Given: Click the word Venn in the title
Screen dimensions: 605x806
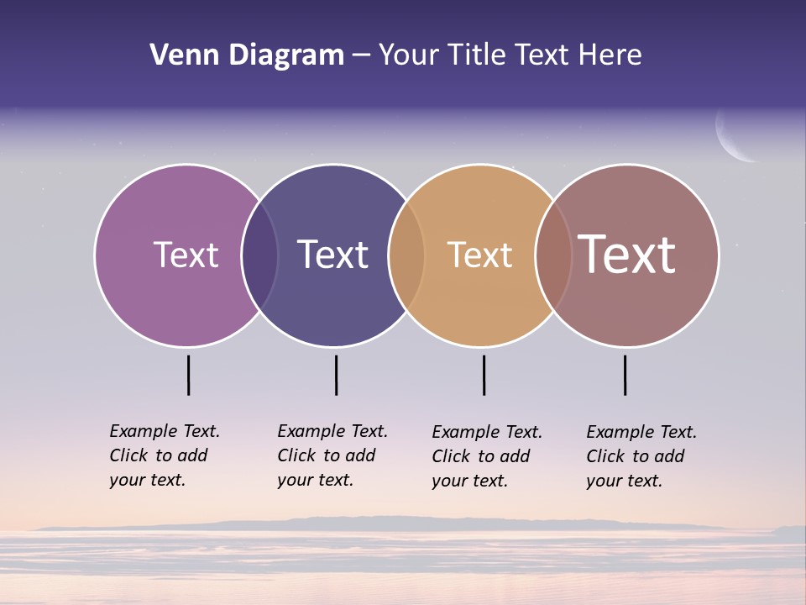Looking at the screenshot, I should (x=181, y=55).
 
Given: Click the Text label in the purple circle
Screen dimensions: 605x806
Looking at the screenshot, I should (x=186, y=255).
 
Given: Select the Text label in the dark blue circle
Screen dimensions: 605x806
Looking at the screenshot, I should (x=333, y=255).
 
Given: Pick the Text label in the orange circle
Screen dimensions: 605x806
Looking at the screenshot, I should (x=479, y=255).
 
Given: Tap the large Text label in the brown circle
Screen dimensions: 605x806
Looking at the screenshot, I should (x=627, y=255).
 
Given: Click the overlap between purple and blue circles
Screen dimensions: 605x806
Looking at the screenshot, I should (x=259, y=255).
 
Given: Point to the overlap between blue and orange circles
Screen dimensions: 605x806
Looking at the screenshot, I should (x=406, y=255).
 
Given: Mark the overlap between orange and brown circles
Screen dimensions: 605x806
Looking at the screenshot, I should (x=553, y=255).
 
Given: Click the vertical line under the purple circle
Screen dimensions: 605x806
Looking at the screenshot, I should (x=189, y=375).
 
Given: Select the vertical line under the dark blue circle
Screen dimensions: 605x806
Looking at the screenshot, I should (x=336, y=375).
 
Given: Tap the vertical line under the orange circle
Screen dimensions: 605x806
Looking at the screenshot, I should (x=484, y=375).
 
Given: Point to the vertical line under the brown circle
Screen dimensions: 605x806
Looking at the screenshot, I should (x=625, y=375).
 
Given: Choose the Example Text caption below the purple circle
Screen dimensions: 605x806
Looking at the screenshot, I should (x=164, y=455).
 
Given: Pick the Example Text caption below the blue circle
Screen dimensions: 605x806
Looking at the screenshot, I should (x=332, y=455).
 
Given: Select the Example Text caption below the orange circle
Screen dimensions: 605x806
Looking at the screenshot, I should (x=486, y=456).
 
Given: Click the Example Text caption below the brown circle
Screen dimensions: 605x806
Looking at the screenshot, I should (x=641, y=456).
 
